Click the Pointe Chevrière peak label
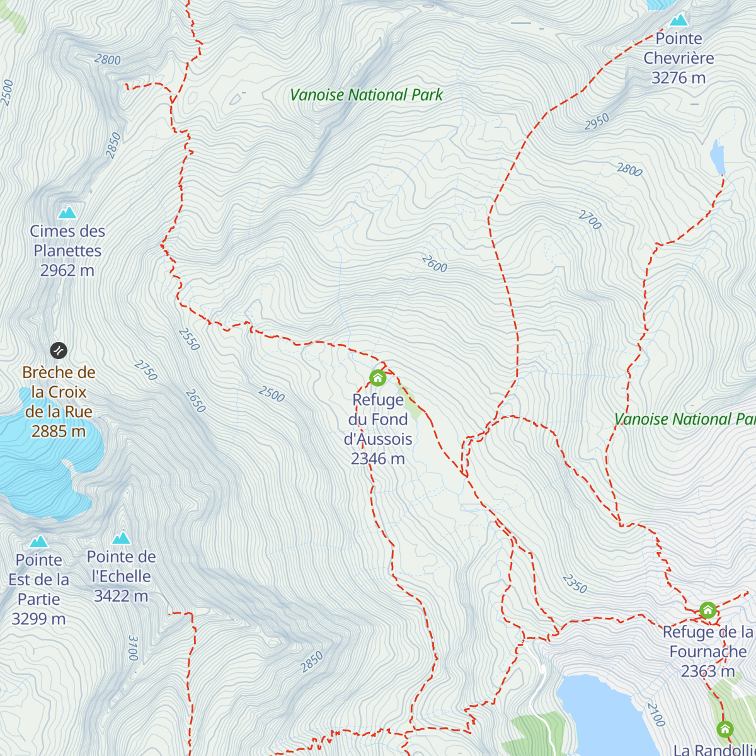click(679, 58)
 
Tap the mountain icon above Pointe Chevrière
click(679, 20)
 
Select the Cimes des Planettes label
click(67, 250)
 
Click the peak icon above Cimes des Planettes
click(67, 212)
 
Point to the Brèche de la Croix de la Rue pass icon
click(59, 350)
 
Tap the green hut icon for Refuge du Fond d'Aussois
click(377, 378)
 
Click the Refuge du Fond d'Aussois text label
click(378, 428)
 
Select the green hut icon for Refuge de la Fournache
click(707, 610)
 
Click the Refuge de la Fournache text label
click(707, 651)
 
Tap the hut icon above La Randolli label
click(725, 729)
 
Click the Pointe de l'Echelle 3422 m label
click(121, 576)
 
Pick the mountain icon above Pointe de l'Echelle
click(121, 538)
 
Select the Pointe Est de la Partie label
click(39, 589)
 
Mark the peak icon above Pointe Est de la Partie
click(38, 542)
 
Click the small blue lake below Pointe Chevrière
click(718, 157)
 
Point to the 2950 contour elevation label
click(596, 122)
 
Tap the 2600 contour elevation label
click(434, 263)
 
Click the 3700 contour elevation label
click(132, 648)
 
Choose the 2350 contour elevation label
click(575, 583)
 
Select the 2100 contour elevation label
click(655, 714)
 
